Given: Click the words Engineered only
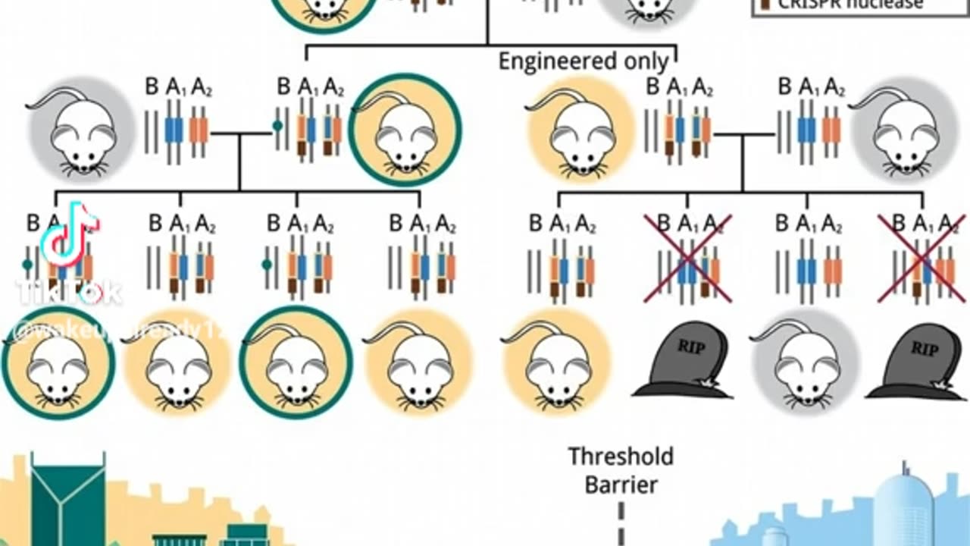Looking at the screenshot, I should coord(583,61).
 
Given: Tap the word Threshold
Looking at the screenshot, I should coord(621,457).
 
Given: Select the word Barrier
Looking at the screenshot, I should coord(621,485).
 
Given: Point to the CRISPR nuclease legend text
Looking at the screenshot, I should coord(848,5).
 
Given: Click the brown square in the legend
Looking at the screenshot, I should coord(762,5).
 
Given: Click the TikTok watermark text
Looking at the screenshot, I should coord(68,292).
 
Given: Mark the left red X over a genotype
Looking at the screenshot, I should coord(687,258).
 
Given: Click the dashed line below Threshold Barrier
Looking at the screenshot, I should coord(621,523).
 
